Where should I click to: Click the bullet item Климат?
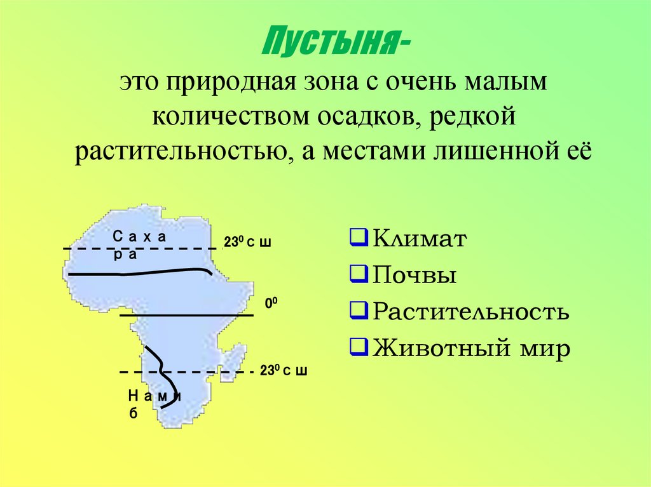(x=420, y=239)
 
